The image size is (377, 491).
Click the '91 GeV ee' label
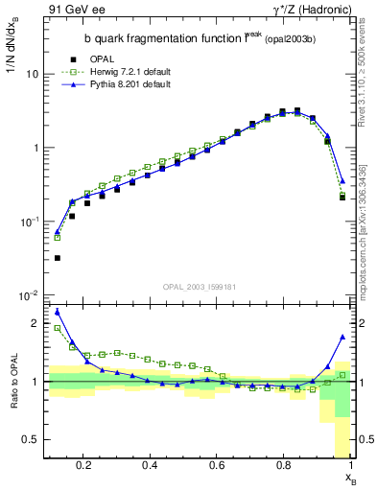(x=73, y=10)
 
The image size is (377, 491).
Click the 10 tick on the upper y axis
(x=33, y=74)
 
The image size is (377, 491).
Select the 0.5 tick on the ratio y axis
(x=31, y=439)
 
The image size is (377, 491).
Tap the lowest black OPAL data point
(x=58, y=258)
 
